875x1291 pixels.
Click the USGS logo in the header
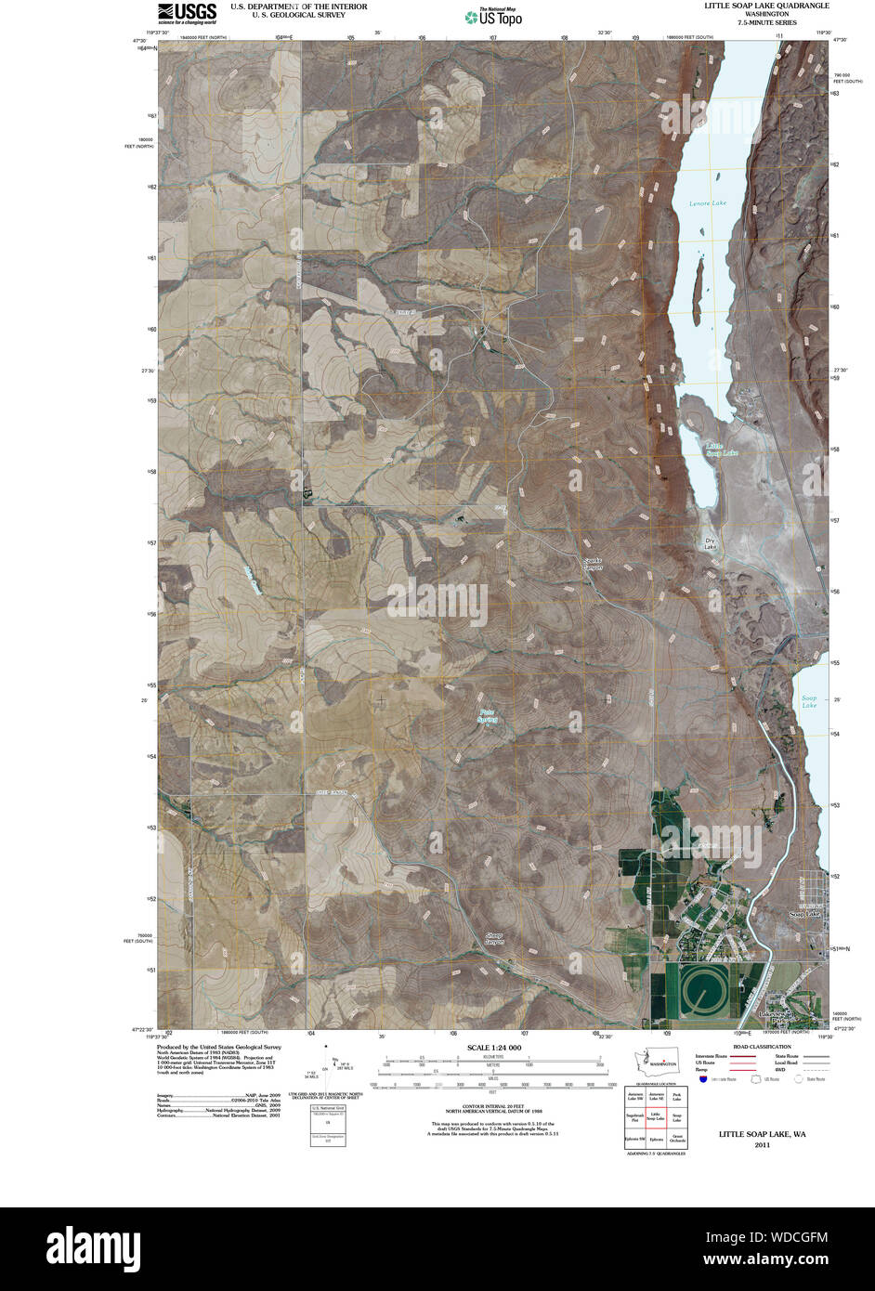click(187, 12)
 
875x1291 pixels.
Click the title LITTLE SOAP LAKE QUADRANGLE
click(766, 6)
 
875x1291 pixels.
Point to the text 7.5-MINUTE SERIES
click(766, 22)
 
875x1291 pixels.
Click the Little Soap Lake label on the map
click(721, 450)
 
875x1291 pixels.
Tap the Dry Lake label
click(711, 543)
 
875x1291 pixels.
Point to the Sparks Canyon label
click(593, 563)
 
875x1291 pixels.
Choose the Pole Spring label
click(488, 716)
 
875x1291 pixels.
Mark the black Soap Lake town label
click(804, 915)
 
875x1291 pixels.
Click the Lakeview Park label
click(774, 1018)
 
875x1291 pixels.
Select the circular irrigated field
click(705, 993)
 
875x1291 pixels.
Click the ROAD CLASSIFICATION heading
click(761, 1047)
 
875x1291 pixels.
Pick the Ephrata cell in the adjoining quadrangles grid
click(656, 1139)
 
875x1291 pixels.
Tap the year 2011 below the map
click(762, 1145)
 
